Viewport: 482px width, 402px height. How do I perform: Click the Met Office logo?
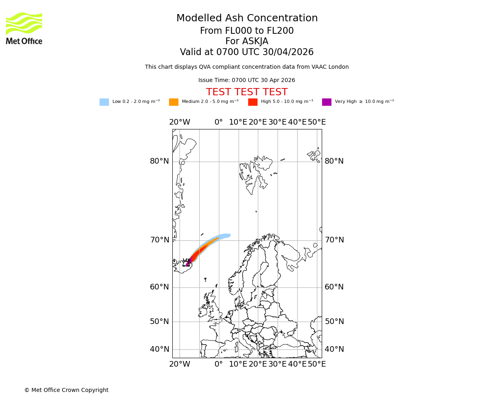[24, 28]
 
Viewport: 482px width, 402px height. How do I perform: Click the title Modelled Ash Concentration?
[247, 18]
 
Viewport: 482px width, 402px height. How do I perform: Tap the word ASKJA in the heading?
[257, 41]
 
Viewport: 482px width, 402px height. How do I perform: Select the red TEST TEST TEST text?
[247, 92]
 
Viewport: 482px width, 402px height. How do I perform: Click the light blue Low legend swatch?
[104, 102]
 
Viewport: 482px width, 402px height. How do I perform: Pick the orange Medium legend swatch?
[174, 102]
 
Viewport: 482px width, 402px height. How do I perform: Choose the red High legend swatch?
[253, 102]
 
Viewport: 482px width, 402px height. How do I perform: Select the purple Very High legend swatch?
[327, 102]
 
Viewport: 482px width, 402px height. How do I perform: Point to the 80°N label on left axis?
[159, 161]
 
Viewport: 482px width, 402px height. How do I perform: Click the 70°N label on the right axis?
[334, 240]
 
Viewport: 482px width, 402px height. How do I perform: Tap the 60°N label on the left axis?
[159, 287]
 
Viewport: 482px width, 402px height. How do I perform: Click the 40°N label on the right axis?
[334, 349]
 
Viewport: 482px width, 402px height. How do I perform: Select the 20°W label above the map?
[180, 122]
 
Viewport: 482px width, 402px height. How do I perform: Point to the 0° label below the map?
[219, 364]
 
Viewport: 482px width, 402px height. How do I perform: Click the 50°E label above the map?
[317, 122]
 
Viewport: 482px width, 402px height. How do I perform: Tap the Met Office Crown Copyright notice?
[66, 390]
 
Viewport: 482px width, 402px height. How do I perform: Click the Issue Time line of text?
[247, 80]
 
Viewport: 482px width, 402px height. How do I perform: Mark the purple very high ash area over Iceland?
[188, 263]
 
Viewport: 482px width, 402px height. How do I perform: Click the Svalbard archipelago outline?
[255, 173]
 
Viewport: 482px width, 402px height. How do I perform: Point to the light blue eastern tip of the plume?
[228, 235]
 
